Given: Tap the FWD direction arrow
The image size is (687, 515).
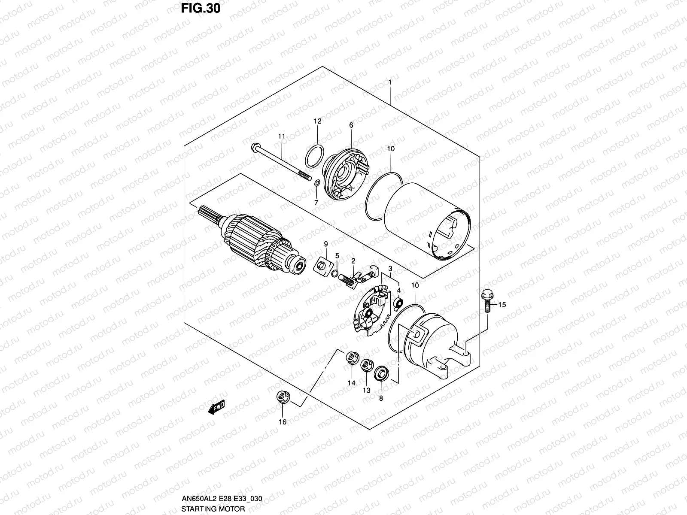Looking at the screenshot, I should coord(217,406).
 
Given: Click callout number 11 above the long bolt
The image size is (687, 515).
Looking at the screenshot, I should coord(281,136).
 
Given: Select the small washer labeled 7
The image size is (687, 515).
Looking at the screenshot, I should coord(316,184).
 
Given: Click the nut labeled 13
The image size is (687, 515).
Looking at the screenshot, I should coord(366,366).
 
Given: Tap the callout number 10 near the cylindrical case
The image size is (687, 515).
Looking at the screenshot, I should coord(391,148).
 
